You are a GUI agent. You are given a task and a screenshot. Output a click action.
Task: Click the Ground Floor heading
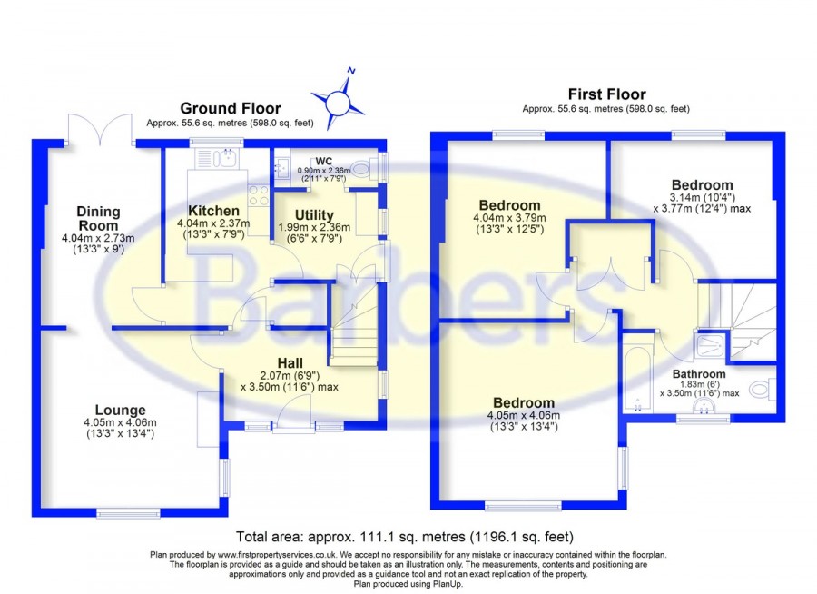click(231, 108)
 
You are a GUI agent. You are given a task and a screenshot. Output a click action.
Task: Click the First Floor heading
click(606, 94)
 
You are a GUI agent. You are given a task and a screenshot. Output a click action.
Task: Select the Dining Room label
click(98, 219)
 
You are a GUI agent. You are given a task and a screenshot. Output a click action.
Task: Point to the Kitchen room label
click(213, 211)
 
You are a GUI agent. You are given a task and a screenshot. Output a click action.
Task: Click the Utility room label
click(314, 215)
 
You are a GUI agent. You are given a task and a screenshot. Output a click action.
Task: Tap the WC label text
click(323, 161)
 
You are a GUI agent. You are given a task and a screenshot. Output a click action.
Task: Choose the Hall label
click(290, 363)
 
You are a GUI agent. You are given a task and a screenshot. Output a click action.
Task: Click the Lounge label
click(120, 411)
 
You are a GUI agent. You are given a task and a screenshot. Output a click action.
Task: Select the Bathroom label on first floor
click(699, 374)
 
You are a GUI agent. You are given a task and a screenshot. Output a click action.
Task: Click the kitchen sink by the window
click(216, 158)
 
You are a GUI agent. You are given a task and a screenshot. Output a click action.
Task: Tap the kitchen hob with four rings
click(259, 195)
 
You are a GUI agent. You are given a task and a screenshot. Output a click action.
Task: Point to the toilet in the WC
click(365, 168)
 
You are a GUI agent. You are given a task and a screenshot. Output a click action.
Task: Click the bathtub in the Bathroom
click(637, 373)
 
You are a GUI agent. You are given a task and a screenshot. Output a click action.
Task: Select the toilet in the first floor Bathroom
click(763, 389)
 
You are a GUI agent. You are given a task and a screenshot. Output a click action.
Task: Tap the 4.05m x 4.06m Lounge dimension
click(120, 422)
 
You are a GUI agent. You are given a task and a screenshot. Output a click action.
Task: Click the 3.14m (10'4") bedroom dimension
click(702, 198)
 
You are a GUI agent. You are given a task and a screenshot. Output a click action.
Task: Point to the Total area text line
click(405, 537)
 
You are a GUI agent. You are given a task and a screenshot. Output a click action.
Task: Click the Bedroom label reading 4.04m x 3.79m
click(509, 205)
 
